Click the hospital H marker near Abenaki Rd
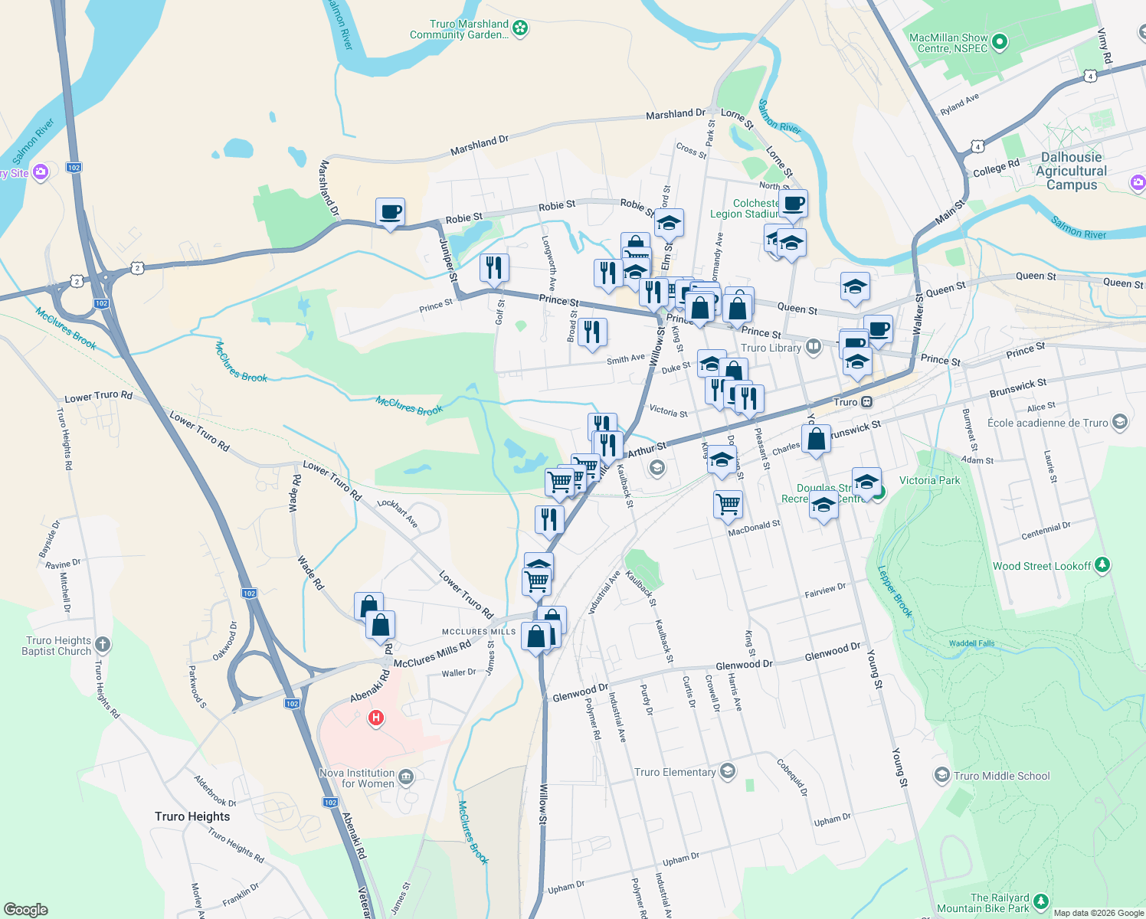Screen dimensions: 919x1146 (375, 718)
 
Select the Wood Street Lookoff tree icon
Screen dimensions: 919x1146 (1102, 565)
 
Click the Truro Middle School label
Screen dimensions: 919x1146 (1001, 776)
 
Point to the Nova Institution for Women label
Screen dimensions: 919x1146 (357, 778)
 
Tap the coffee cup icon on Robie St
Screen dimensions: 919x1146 (390, 211)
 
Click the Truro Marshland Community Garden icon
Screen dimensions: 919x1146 (520, 28)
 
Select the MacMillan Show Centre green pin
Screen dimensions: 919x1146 (1000, 43)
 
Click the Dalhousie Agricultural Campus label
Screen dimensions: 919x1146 (1072, 171)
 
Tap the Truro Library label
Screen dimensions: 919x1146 (771, 348)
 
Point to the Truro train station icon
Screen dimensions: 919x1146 (866, 402)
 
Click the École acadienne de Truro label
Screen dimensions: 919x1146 (1047, 423)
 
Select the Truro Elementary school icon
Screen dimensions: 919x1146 (728, 771)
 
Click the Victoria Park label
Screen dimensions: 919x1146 (929, 480)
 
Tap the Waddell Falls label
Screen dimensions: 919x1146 (971, 643)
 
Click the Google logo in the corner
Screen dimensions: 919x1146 (25, 910)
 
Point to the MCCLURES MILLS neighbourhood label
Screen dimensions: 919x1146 (479, 632)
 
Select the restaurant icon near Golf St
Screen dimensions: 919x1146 (494, 268)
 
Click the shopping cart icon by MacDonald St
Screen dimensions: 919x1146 (728, 505)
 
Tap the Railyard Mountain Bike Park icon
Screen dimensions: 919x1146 (1040, 902)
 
